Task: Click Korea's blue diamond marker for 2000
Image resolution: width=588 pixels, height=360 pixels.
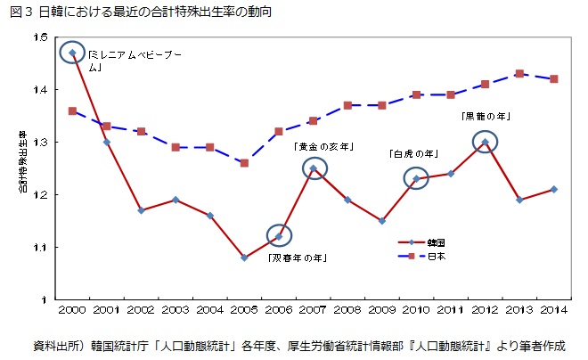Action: [x=72, y=53]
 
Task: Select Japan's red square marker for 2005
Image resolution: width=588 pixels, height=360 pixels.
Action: [x=244, y=163]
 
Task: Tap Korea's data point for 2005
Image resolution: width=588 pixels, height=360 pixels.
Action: [x=244, y=258]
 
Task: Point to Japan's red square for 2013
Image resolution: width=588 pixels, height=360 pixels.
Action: [x=519, y=74]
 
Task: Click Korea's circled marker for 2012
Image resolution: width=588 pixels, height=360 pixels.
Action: [x=485, y=142]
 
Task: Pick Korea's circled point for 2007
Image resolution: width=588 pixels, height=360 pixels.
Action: [x=313, y=168]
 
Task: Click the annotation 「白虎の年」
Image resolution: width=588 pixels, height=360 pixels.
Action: [x=412, y=153]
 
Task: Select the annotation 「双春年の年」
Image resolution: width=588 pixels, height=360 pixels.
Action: [x=297, y=258]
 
